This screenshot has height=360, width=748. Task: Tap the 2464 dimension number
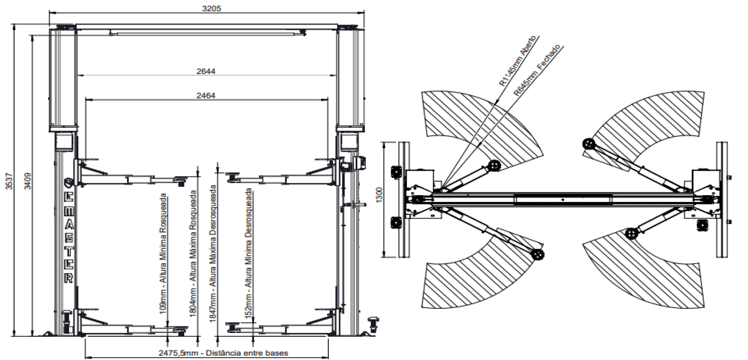coord(206,95)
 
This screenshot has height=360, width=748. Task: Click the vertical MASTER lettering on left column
coord(68,231)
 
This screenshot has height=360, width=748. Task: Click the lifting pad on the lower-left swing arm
coord(538,254)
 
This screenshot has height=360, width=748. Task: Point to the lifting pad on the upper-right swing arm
coord(588,144)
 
